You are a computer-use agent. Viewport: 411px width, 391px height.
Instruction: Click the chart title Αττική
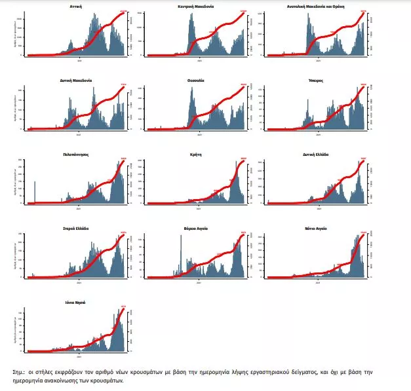pyautogui.click(x=75, y=5)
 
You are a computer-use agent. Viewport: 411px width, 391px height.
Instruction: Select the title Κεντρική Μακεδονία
pyautogui.click(x=196, y=5)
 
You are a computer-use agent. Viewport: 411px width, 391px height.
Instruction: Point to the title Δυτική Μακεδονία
pyautogui.click(x=75, y=80)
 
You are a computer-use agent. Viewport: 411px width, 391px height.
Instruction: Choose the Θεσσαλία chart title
pyautogui.click(x=196, y=80)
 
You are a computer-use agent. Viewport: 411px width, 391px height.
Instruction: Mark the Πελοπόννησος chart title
pyautogui.click(x=75, y=154)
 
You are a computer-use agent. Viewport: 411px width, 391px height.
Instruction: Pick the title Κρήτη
pyautogui.click(x=196, y=154)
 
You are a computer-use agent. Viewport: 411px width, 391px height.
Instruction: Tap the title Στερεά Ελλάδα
pyautogui.click(x=75, y=229)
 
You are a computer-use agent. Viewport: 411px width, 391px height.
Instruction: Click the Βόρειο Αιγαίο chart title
pyautogui.click(x=196, y=229)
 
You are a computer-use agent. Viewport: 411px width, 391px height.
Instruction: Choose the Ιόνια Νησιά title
pyautogui.click(x=75, y=303)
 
